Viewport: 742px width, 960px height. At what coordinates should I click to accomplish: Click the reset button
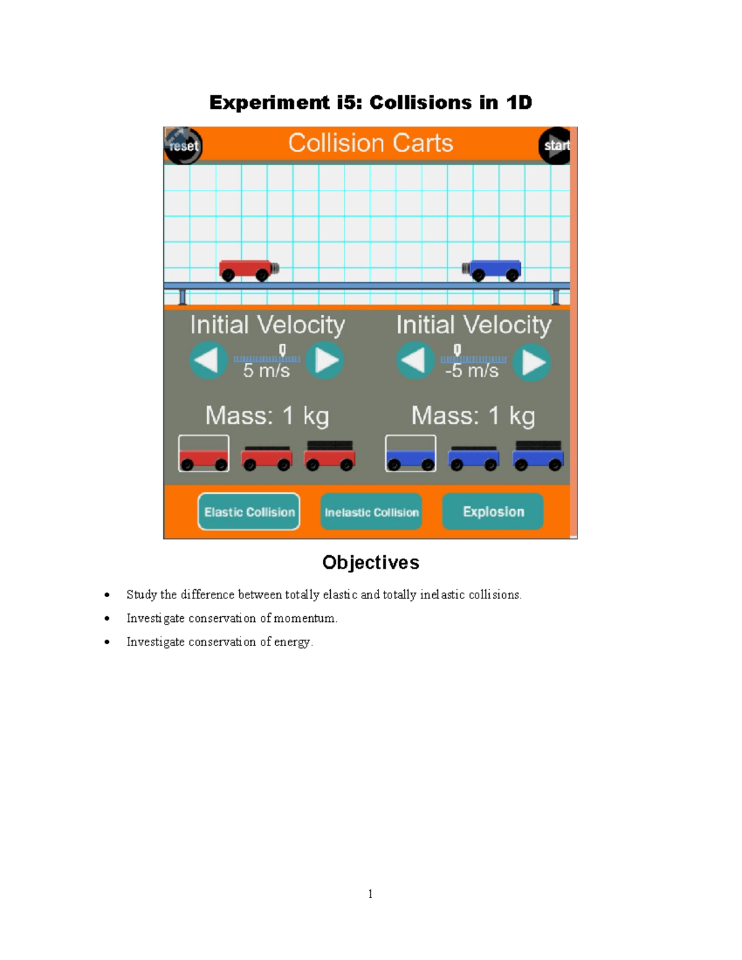[184, 146]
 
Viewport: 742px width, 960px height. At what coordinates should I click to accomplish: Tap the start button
[555, 146]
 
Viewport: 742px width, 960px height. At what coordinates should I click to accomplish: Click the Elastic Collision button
[249, 512]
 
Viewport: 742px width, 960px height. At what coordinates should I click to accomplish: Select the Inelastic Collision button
[371, 512]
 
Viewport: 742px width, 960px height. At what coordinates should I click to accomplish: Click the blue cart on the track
[493, 270]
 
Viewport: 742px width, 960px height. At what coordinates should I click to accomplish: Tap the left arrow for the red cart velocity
[208, 360]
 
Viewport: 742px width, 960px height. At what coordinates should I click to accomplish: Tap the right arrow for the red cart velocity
[325, 360]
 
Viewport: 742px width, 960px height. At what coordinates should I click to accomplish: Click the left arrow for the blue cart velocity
[415, 361]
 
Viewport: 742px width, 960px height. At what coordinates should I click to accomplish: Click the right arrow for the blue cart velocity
[532, 362]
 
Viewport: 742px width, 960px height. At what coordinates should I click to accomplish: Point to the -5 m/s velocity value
[472, 371]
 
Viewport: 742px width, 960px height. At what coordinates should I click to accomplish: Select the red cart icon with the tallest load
[330, 456]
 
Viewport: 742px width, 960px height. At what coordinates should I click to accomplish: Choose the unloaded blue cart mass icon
[411, 454]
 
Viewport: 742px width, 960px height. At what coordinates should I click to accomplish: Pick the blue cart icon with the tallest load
[538, 456]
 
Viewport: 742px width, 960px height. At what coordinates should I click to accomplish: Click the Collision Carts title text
[370, 143]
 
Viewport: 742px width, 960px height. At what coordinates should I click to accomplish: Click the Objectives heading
[370, 563]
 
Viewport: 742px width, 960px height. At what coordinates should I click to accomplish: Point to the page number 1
[370, 894]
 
